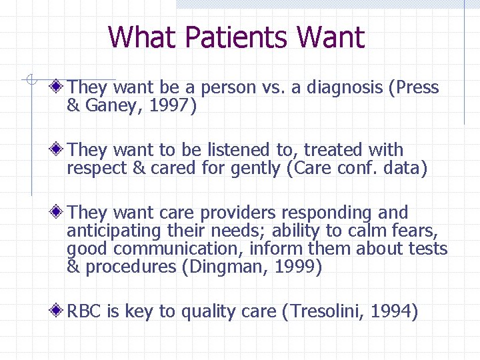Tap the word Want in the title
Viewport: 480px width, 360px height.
point(331,37)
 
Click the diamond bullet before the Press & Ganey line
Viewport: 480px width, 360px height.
point(59,87)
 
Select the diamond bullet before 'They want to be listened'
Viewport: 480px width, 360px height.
point(59,150)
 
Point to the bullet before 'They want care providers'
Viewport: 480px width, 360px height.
point(59,213)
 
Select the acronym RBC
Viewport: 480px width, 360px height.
point(84,311)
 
